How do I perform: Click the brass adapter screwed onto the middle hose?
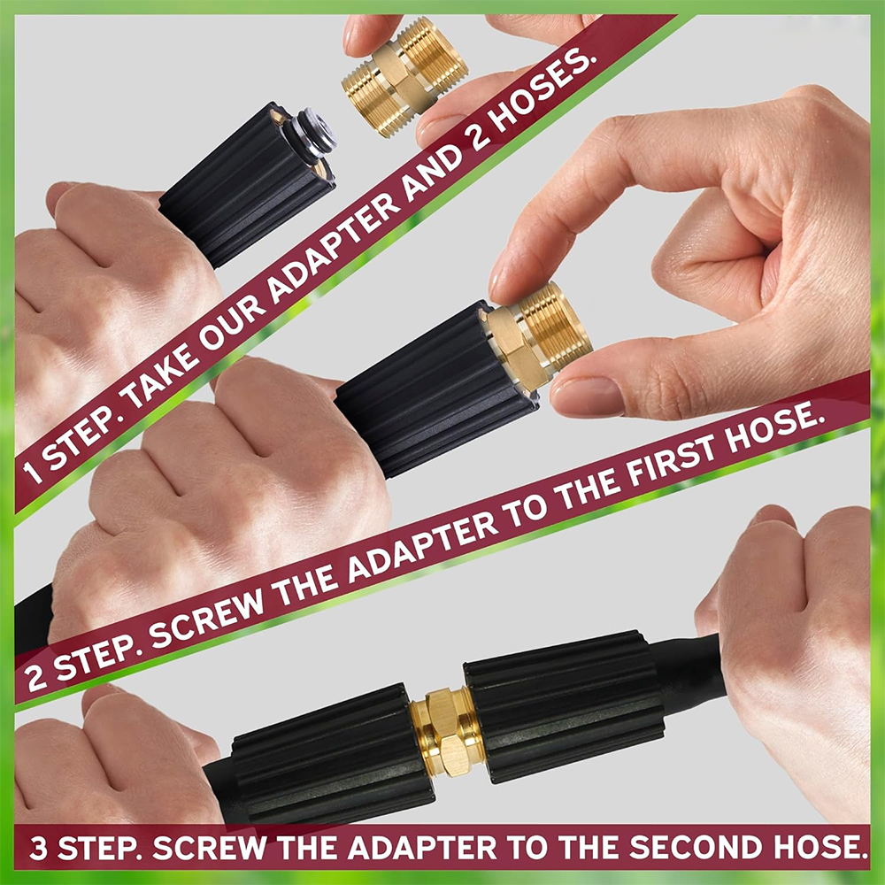point(535,336)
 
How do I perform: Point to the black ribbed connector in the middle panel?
point(434,389)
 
